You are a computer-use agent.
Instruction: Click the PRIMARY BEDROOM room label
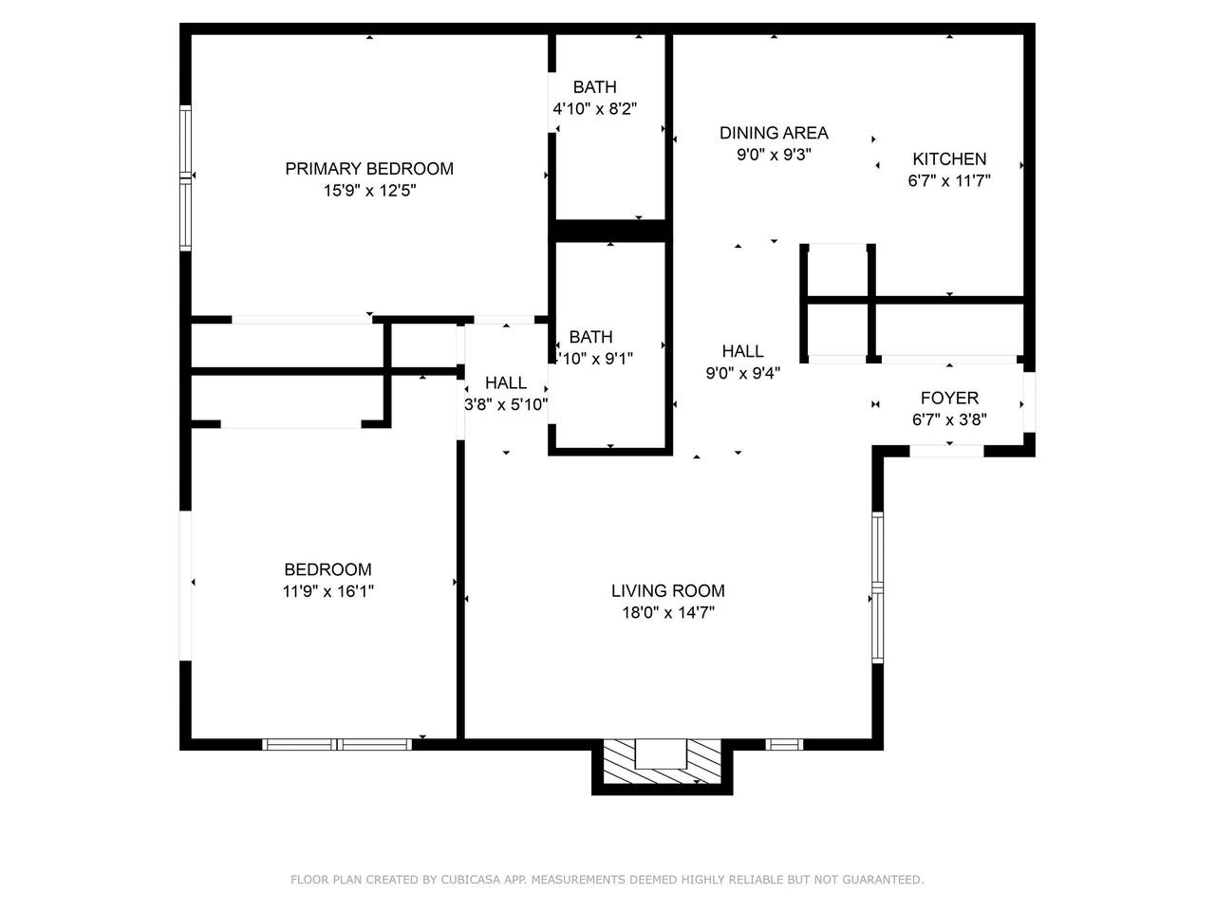[369, 169]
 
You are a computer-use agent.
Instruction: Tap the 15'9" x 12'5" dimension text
[369, 191]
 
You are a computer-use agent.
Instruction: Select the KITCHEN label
[949, 159]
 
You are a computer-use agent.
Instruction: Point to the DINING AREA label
[774, 133]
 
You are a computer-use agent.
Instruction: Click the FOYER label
[949, 398]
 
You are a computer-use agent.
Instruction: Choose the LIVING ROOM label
[668, 591]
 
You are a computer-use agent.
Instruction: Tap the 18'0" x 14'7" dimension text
[668, 613]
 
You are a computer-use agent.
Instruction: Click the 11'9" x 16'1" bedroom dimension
[328, 592]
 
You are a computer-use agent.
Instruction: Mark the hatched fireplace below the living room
[662, 761]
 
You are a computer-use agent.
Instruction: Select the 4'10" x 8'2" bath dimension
[595, 109]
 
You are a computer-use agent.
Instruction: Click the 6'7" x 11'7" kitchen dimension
[949, 181]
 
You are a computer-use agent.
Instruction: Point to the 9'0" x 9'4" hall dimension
[743, 373]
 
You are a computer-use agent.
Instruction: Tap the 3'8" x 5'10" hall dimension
[506, 405]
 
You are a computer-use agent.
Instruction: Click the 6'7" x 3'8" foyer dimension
[949, 419]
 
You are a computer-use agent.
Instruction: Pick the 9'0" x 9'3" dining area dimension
[774, 155]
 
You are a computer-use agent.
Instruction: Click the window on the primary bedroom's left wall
[185, 177]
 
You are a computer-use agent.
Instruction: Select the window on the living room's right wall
[878, 587]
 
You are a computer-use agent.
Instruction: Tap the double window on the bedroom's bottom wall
[337, 745]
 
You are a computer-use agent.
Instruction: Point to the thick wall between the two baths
[610, 231]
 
